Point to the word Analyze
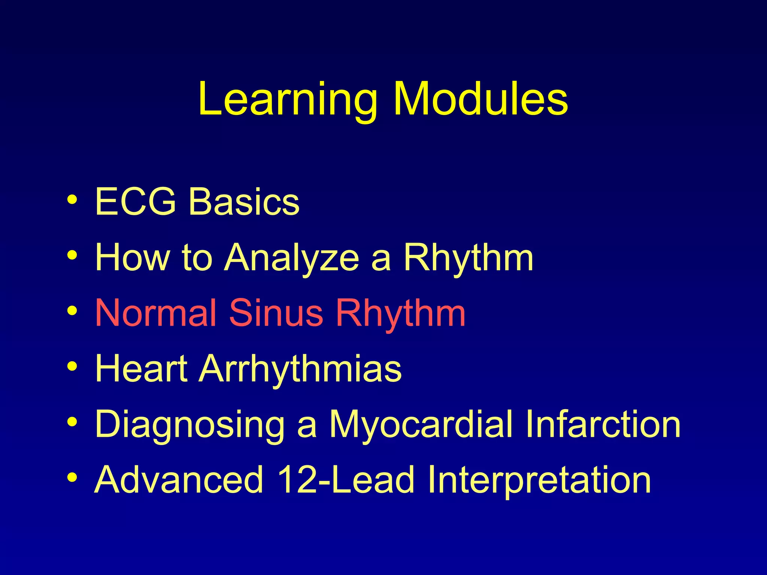click(x=291, y=258)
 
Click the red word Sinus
click(x=276, y=313)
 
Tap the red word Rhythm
click(x=400, y=313)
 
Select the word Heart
click(x=141, y=368)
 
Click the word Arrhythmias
click(x=300, y=368)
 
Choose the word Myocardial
click(x=421, y=424)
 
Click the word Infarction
click(x=603, y=424)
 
